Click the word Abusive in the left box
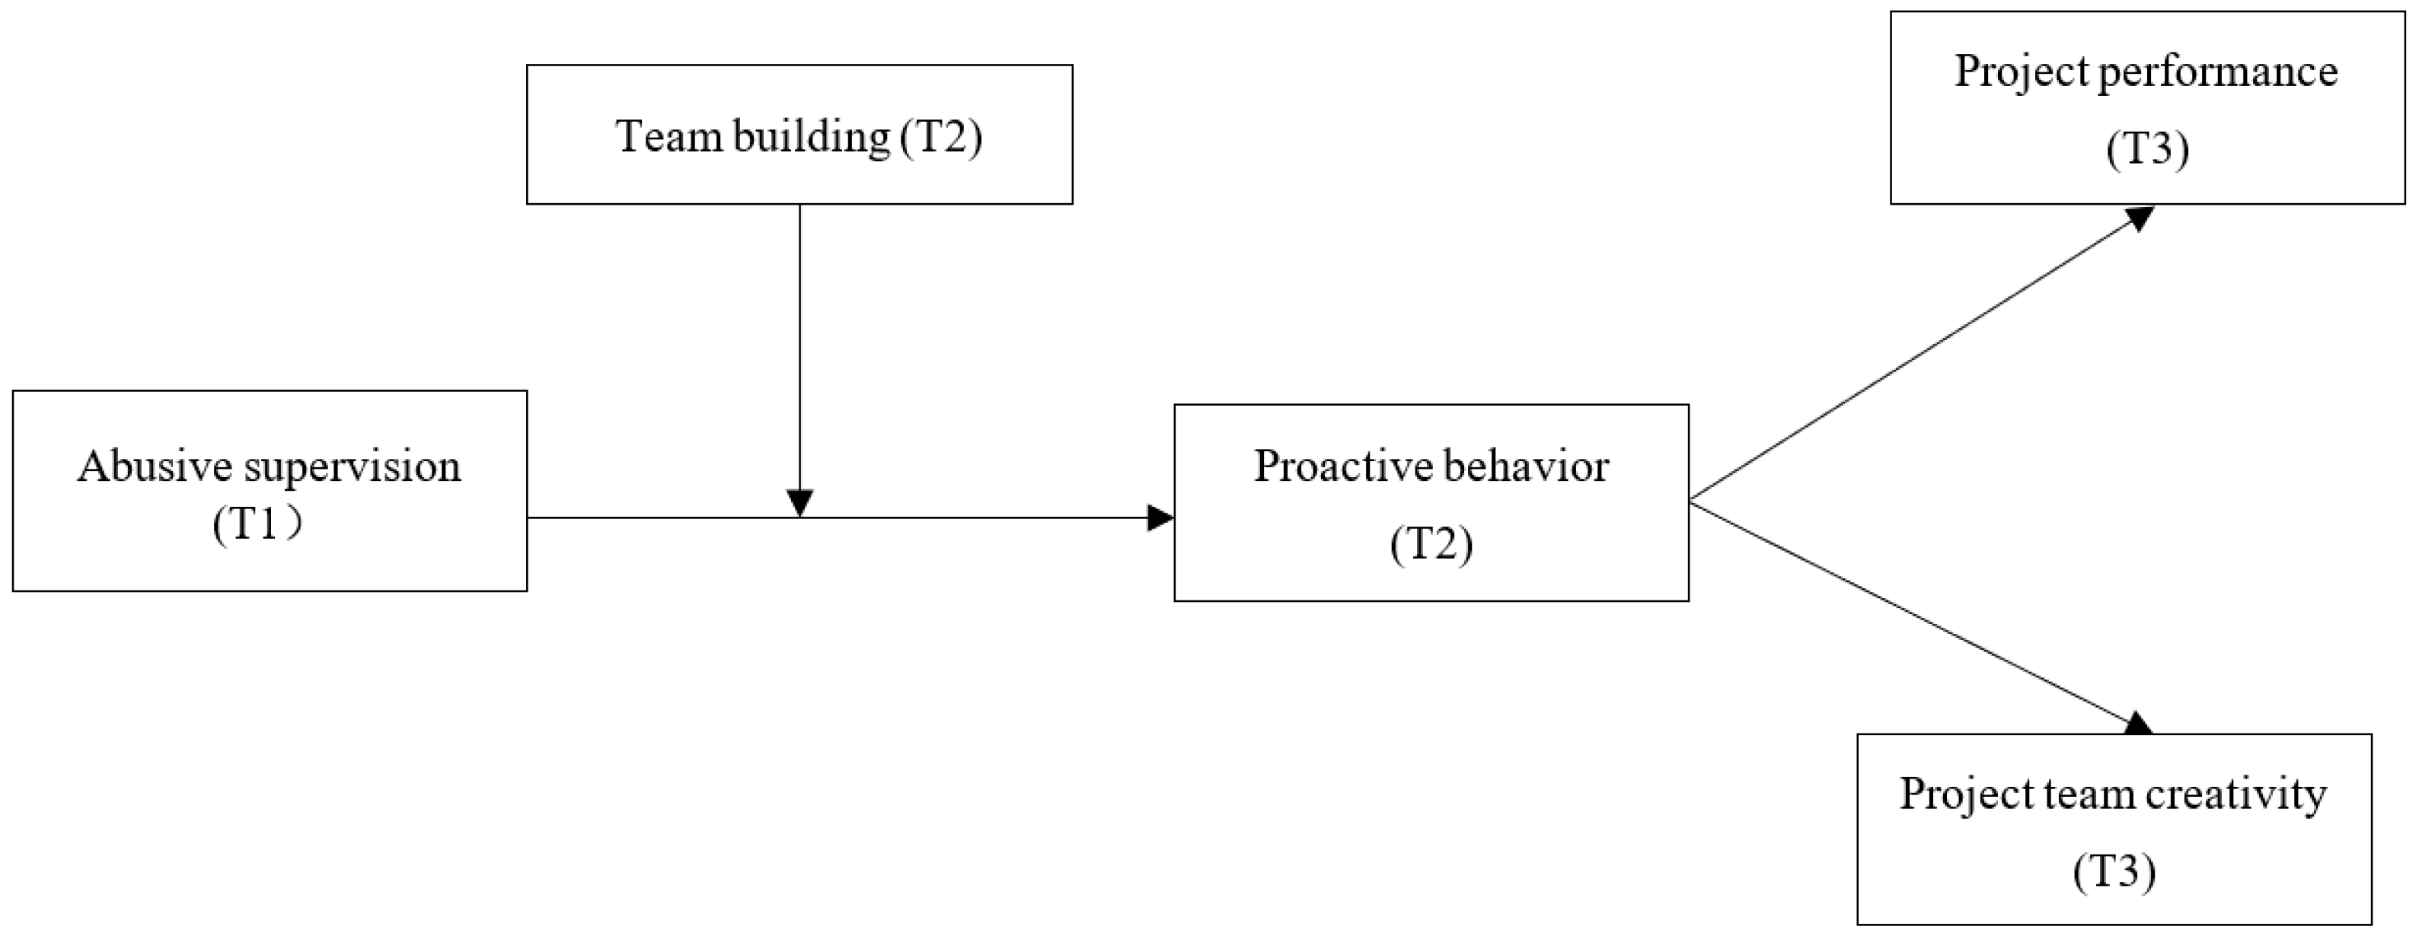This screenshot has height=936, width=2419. tap(155, 466)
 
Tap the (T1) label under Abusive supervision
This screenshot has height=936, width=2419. tap(257, 524)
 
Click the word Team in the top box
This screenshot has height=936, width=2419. tap(668, 136)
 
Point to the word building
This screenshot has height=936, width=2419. tap(810, 138)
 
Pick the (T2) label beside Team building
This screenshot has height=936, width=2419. tap(941, 137)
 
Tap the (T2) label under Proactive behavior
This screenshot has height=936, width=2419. tap(1431, 543)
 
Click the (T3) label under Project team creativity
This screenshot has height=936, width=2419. tap(2114, 871)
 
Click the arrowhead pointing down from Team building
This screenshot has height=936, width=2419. tap(799, 503)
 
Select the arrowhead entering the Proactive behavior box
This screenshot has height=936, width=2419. tap(1160, 517)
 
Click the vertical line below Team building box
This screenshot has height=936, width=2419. tap(799, 347)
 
